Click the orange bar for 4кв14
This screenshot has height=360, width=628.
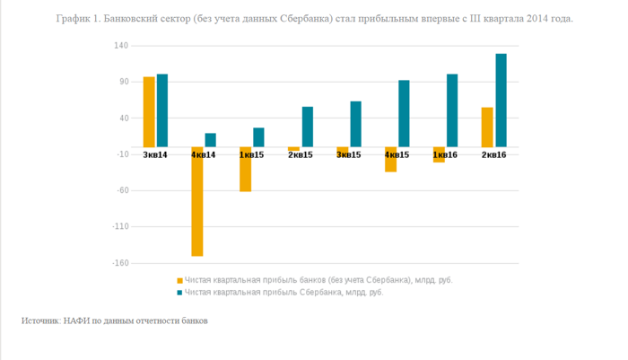pos(197,201)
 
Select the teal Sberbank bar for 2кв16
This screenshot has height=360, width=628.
pos(501,101)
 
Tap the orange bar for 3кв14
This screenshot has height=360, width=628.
pos(149,111)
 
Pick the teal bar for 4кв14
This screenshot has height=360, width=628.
pos(211,140)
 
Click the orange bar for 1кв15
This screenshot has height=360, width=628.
pos(246,169)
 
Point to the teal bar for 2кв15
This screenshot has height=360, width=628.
pos(308,127)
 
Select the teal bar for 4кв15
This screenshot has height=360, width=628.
pos(404,113)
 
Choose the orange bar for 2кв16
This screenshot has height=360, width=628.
pos(487,127)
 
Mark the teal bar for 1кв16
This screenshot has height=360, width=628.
pos(452,110)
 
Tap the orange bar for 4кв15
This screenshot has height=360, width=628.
pos(391,159)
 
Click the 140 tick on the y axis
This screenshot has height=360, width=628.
pos(122,46)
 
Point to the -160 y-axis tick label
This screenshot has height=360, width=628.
pos(120,263)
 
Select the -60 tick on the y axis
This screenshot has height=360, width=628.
pos(122,190)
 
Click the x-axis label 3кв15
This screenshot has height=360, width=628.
pos(349,155)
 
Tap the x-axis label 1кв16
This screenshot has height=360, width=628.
pos(446,155)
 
